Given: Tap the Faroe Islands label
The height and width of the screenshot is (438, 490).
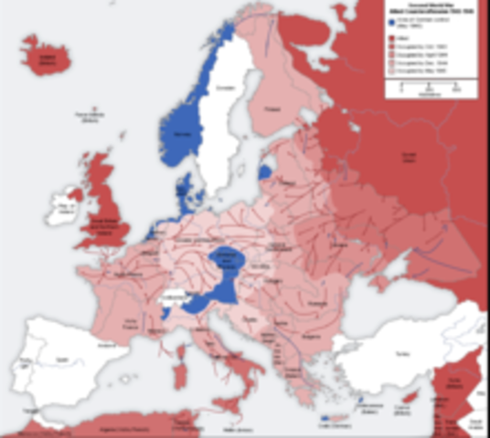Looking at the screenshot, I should coord(88,115).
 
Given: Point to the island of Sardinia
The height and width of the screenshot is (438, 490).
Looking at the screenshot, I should coord(174,370).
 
